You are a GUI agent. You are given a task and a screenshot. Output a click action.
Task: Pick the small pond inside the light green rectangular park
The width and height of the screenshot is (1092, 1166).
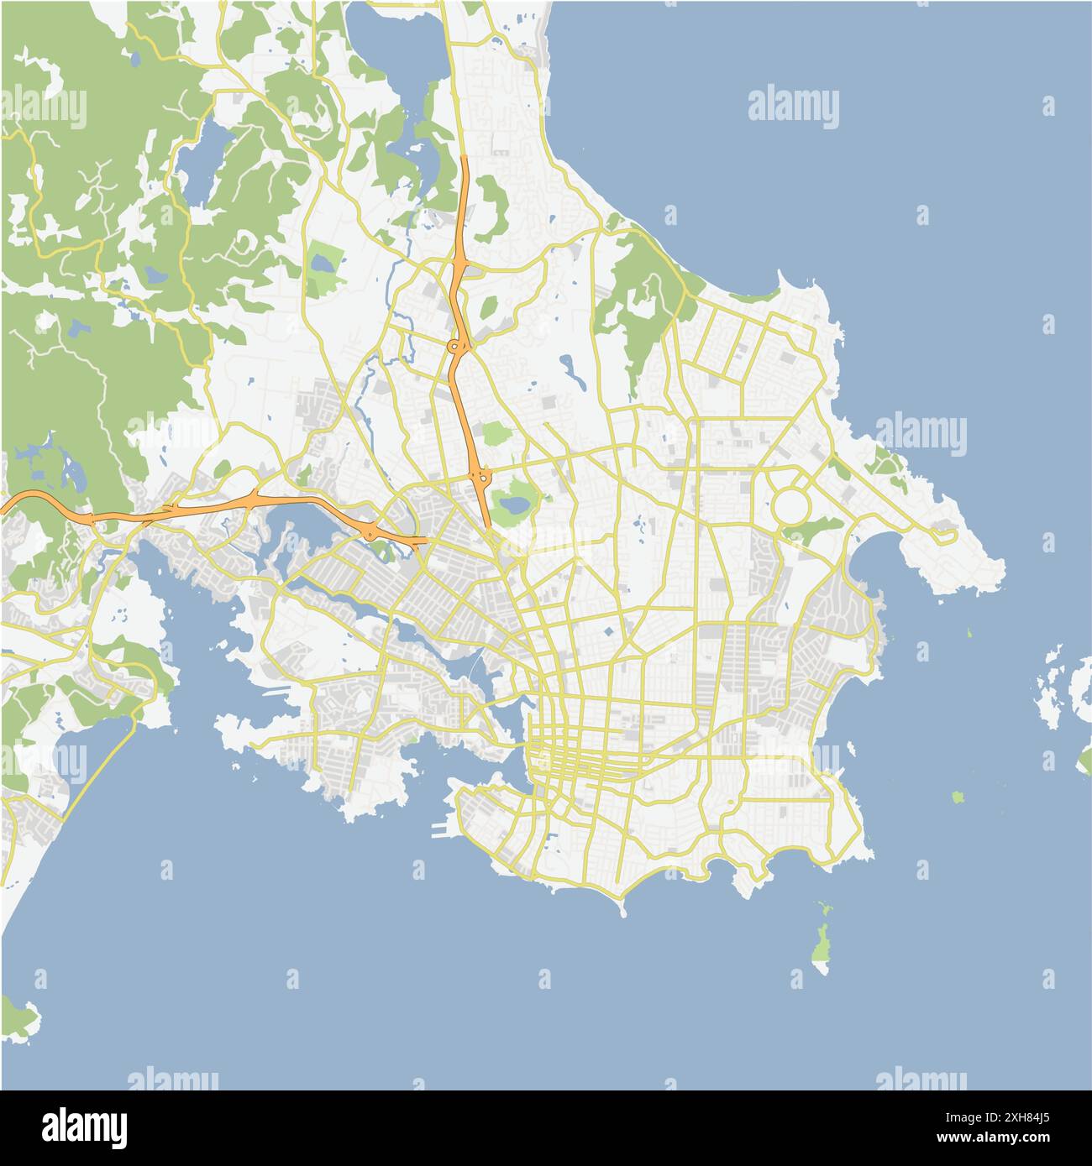click(x=321, y=263)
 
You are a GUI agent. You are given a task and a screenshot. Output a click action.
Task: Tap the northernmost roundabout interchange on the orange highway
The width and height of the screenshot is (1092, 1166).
click(x=454, y=345)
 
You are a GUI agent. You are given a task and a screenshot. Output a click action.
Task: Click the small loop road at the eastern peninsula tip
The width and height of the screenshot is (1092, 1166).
click(x=942, y=531)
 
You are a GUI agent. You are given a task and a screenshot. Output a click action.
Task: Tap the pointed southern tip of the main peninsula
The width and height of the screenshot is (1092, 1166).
click(x=622, y=911)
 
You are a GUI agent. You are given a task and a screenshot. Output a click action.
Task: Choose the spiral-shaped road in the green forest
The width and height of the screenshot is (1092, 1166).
click(x=244, y=243)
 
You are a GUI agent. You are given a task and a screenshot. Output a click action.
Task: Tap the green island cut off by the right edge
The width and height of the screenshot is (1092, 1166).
click(x=1084, y=762)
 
